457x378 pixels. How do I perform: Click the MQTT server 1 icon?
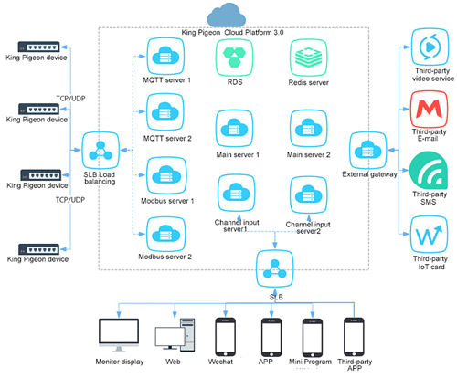pyautogui.click(x=165, y=57)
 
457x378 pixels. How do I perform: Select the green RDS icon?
pyautogui.click(x=234, y=58)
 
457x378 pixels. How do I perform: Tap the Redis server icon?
pyautogui.click(x=309, y=58)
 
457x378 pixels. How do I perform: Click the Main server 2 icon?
pyautogui.click(x=309, y=128)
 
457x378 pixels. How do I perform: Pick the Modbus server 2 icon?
pyautogui.click(x=165, y=235)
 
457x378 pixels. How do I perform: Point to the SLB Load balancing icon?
pyautogui.click(x=101, y=151)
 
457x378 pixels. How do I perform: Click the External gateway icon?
pyautogui.click(x=368, y=151)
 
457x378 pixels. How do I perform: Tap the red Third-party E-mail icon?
pyautogui.click(x=430, y=110)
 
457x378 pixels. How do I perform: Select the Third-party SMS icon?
pyautogui.click(x=429, y=172)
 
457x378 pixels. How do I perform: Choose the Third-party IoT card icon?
pyautogui.click(x=430, y=235)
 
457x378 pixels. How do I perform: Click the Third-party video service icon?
pyautogui.click(x=430, y=47)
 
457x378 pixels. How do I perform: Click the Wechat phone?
pyautogui.click(x=225, y=337)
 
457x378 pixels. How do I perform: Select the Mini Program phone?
pyautogui.click(x=313, y=338)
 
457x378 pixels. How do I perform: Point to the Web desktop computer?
pyautogui.click(x=175, y=335)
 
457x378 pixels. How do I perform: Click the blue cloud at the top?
pyautogui.click(x=227, y=16)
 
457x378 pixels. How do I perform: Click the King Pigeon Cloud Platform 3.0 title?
pyautogui.click(x=232, y=33)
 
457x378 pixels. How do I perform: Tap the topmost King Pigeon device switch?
pyautogui.click(x=38, y=47)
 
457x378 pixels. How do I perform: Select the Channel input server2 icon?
pyautogui.click(x=309, y=195)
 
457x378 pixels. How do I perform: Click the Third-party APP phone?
pyautogui.click(x=354, y=337)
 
